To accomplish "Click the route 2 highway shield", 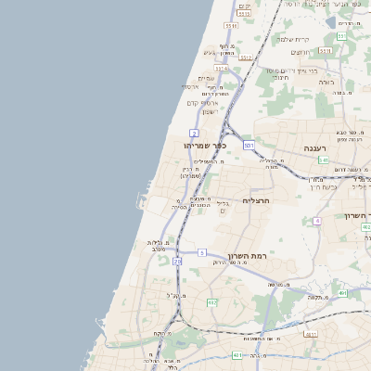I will click(x=194, y=134).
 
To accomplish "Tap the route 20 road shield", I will click(x=177, y=262).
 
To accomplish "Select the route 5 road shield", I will click(x=202, y=252).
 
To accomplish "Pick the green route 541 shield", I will click(x=324, y=160).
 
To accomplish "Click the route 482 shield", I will click(x=211, y=302).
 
